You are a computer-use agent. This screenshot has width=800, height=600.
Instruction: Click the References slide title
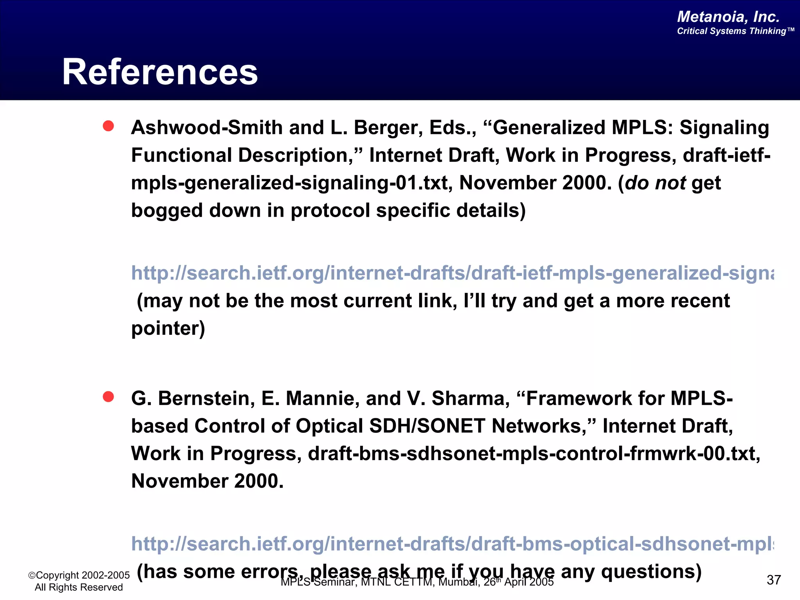(160, 72)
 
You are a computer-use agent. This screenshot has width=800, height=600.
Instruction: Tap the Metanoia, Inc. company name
(728, 17)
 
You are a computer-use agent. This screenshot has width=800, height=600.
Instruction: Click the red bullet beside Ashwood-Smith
(108, 126)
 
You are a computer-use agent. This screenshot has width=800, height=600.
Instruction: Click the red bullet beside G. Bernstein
(108, 397)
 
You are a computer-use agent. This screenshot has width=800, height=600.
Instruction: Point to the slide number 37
(773, 580)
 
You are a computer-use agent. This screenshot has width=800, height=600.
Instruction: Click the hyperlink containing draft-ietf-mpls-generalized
(452, 273)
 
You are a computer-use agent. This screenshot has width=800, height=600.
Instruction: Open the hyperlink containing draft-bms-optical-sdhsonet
(452, 544)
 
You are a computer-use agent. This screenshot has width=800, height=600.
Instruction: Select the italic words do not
(655, 183)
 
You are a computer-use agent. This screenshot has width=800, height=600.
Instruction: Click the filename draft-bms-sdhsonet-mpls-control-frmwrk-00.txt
(533, 454)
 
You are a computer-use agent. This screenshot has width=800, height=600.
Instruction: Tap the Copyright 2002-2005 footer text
(79, 575)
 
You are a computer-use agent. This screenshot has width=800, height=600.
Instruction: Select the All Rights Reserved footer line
(79, 587)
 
